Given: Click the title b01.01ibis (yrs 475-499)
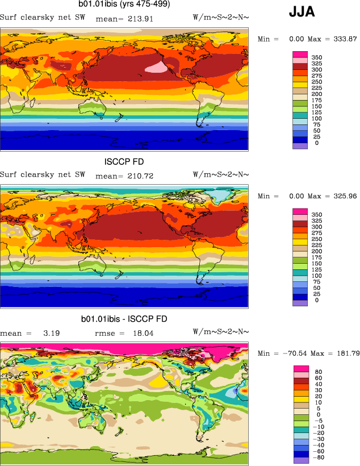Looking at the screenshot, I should pos(124,5).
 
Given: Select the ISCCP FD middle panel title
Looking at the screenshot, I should pos(124,162).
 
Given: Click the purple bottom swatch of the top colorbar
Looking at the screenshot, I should pos(300,146).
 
